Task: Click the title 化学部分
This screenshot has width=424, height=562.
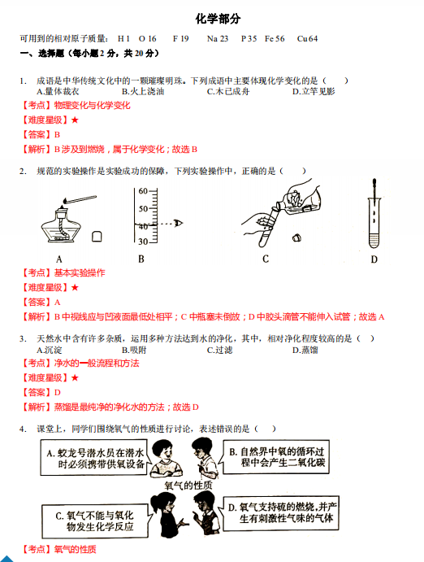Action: click(x=218, y=19)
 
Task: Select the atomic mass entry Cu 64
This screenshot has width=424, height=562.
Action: click(x=307, y=39)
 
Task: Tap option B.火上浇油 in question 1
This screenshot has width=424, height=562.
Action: click(x=143, y=92)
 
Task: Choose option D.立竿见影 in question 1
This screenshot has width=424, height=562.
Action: click(x=314, y=92)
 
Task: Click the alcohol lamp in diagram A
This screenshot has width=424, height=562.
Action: click(x=61, y=226)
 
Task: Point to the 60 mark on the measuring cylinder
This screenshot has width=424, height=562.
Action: click(x=143, y=191)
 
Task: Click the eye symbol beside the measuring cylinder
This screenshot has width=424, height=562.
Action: click(x=178, y=224)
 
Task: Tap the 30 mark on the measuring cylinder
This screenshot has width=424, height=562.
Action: click(x=143, y=242)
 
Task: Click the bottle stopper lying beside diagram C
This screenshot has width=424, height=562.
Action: click(x=296, y=237)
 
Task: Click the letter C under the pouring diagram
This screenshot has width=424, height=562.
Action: click(x=266, y=259)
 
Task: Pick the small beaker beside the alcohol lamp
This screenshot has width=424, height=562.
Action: click(x=97, y=237)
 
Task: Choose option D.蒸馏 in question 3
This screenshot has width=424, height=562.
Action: click(x=305, y=350)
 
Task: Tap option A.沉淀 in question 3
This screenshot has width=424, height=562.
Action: click(x=50, y=350)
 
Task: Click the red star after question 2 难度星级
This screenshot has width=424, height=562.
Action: click(x=75, y=287)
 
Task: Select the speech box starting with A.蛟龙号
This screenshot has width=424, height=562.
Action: click(x=93, y=458)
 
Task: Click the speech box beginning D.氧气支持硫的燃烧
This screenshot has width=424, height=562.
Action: click(x=281, y=514)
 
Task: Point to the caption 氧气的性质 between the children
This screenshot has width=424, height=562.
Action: click(x=188, y=486)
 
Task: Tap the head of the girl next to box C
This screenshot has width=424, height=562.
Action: click(x=163, y=503)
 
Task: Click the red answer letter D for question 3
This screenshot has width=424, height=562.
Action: click(x=57, y=393)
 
